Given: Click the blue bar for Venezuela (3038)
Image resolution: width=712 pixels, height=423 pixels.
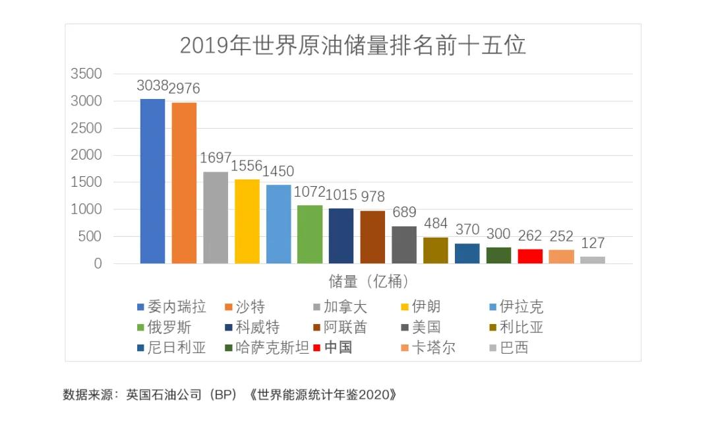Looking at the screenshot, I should pyautogui.click(x=152, y=181).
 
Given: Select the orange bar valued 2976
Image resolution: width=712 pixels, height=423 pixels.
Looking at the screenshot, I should pyautogui.click(x=184, y=183).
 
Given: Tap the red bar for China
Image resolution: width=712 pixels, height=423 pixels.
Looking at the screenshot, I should pyautogui.click(x=530, y=256).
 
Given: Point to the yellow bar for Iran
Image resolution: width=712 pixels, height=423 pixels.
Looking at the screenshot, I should pyautogui.click(x=247, y=221).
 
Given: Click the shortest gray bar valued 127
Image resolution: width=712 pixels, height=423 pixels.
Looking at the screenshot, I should pyautogui.click(x=593, y=260).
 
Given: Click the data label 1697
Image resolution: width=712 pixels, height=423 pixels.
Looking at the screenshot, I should pyautogui.click(x=216, y=158).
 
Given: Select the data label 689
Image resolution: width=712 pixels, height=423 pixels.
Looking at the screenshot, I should pyautogui.click(x=404, y=212).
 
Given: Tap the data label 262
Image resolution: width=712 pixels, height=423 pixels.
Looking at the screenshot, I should pyautogui.click(x=530, y=236).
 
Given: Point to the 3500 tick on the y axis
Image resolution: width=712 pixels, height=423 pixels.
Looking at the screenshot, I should pyautogui.click(x=86, y=74).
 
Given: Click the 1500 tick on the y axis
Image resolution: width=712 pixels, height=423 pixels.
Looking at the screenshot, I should pyautogui.click(x=86, y=182).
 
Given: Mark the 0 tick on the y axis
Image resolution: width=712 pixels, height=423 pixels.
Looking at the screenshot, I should pyautogui.click(x=98, y=264).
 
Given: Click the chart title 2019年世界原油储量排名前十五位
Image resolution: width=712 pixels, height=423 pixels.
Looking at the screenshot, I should pyautogui.click(x=353, y=46).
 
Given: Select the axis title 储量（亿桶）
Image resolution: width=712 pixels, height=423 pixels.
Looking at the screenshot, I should pyautogui.click(x=369, y=282).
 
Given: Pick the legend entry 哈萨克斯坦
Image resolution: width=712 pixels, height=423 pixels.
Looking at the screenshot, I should pyautogui.click(x=267, y=348).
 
